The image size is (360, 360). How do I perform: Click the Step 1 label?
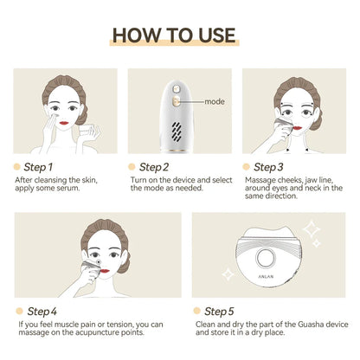[x=40, y=166]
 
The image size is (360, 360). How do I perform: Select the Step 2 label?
[x=154, y=166]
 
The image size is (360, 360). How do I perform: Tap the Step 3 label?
[x=268, y=166]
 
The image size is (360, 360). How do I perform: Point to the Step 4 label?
[x=42, y=311]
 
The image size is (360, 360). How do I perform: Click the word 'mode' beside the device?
[x=215, y=102]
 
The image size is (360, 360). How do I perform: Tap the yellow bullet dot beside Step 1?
[x=16, y=166]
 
